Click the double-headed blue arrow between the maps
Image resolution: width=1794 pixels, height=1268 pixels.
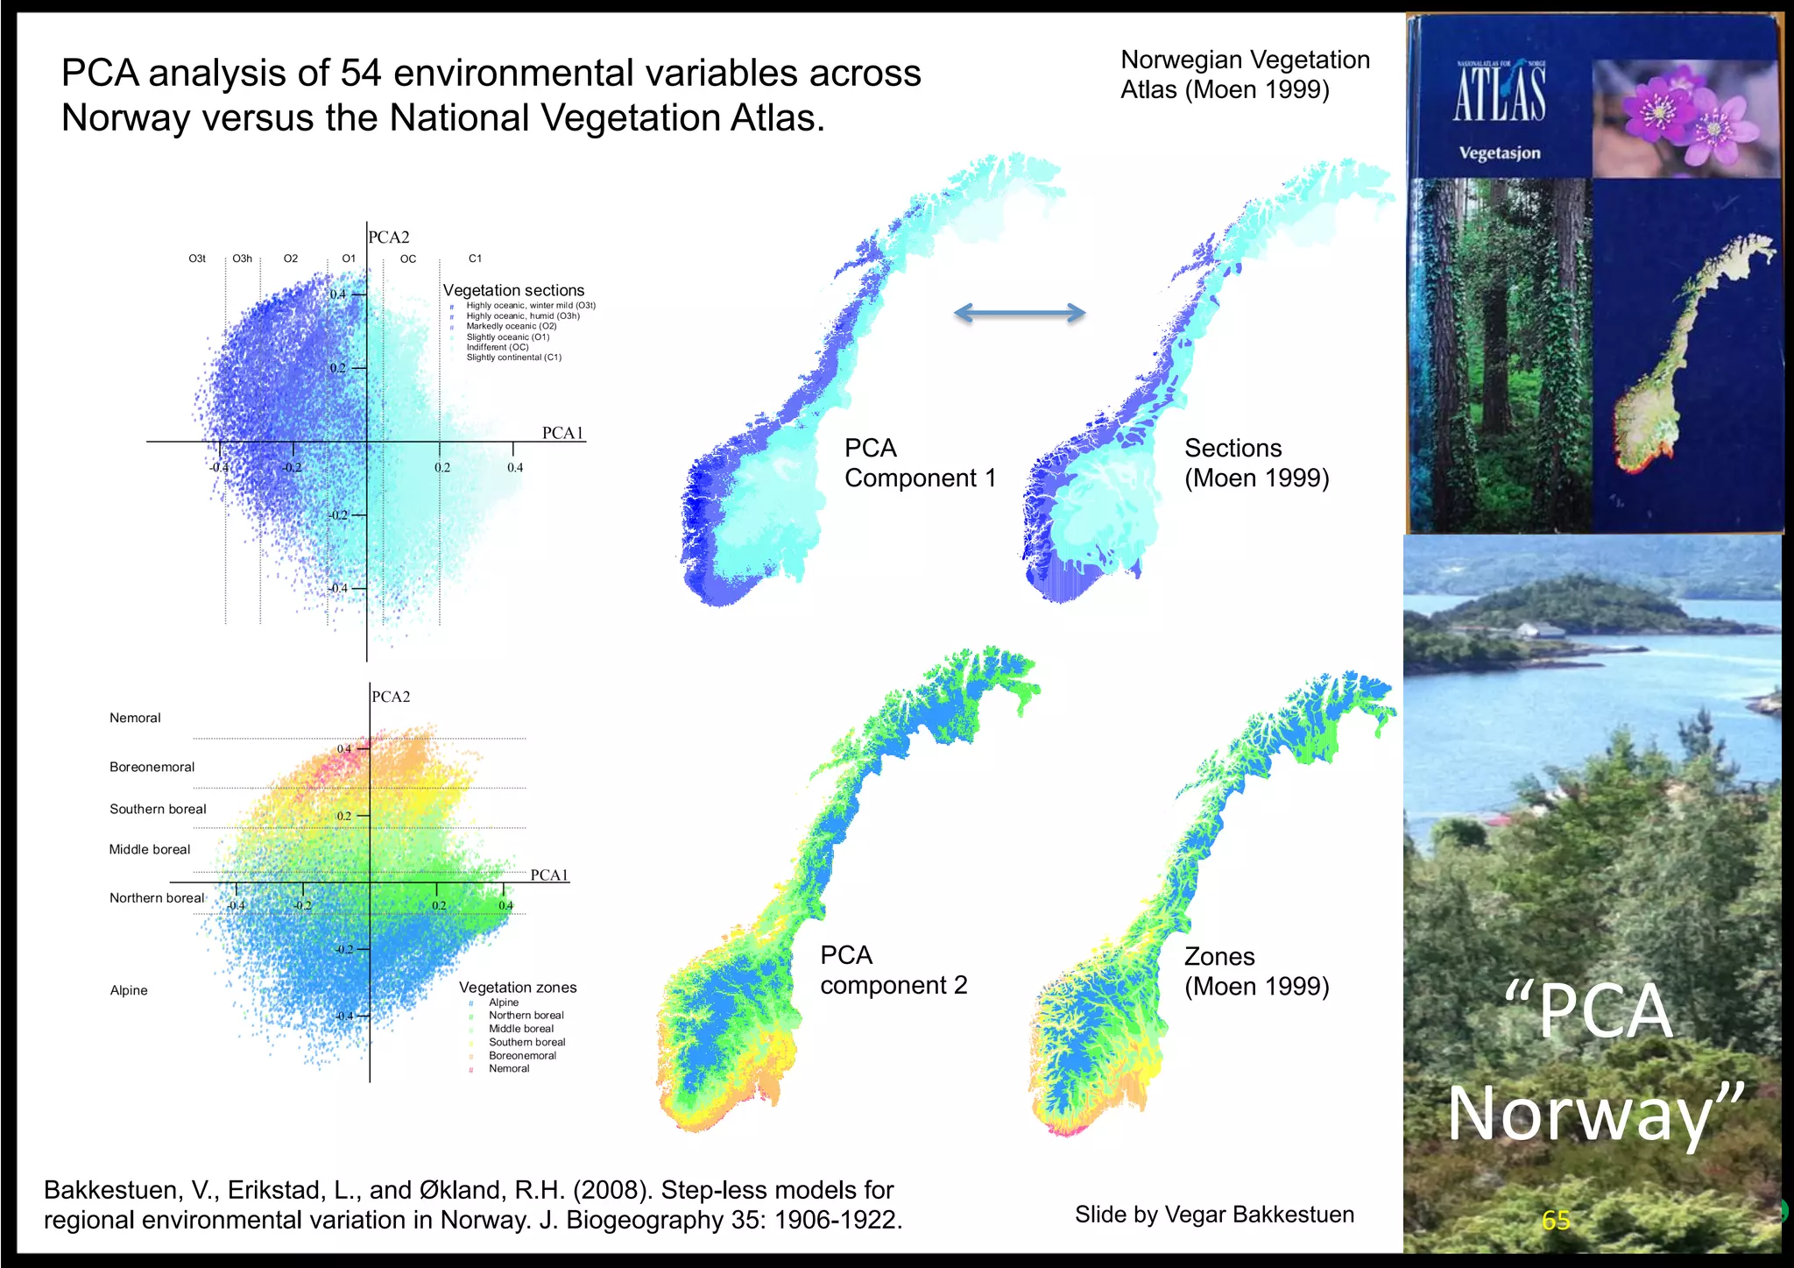(1019, 313)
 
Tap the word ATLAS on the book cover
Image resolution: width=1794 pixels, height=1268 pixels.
(1500, 95)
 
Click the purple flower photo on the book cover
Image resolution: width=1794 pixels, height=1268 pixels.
(1683, 117)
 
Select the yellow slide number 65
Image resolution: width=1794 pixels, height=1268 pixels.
(1556, 1220)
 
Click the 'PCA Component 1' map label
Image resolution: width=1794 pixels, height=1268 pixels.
(920, 463)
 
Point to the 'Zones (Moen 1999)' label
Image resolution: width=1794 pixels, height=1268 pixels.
(1256, 971)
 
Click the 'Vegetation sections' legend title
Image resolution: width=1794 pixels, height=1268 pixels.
(513, 290)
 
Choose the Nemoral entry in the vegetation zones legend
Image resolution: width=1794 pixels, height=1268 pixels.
(509, 1069)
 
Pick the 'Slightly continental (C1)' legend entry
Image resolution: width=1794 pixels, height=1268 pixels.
(513, 358)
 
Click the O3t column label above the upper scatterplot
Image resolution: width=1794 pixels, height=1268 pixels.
(197, 259)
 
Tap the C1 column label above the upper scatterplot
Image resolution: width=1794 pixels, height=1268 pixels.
(475, 259)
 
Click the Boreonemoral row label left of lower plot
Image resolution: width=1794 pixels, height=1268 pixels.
(152, 767)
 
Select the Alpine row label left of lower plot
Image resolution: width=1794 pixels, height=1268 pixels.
(129, 990)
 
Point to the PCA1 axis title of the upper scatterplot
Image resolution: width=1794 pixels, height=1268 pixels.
(562, 433)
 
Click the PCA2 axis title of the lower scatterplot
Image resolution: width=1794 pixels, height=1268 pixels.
(391, 697)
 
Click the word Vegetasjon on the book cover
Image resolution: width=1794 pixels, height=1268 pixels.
(1499, 153)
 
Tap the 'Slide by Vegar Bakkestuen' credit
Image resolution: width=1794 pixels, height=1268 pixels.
(1214, 1215)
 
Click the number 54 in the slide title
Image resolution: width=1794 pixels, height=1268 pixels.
(361, 73)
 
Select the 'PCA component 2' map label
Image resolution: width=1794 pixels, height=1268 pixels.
(893, 970)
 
